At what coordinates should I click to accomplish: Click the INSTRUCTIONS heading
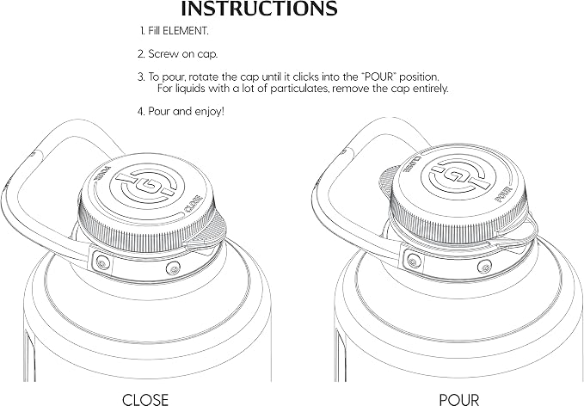[x=259, y=9]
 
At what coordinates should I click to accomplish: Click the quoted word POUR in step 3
[x=380, y=77]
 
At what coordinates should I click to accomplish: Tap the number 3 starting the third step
[x=140, y=77]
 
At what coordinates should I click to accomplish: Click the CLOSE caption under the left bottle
[x=145, y=399]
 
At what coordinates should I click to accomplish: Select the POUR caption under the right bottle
[x=459, y=400]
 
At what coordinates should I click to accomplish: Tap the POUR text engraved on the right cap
[x=504, y=194]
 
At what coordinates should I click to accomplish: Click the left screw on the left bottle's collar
[x=101, y=263]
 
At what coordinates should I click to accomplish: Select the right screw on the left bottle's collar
[x=172, y=268]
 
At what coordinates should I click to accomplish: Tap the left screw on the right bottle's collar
[x=412, y=261]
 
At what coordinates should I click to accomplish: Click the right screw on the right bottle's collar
[x=484, y=266]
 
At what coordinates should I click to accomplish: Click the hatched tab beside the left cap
[x=211, y=231]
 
